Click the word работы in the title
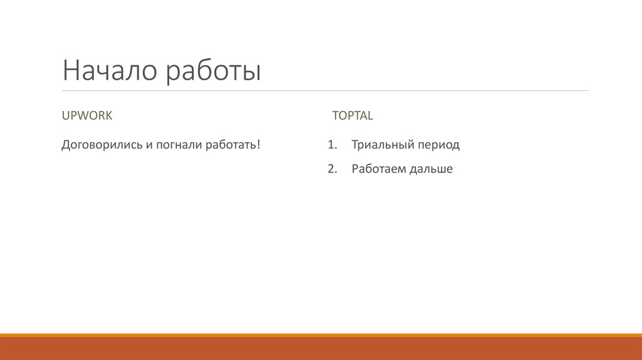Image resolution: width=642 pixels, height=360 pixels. coord(214,72)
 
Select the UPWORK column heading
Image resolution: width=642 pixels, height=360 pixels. coord(87,115)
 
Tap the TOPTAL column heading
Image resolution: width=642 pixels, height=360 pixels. coord(352,115)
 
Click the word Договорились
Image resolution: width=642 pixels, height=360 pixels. coord(98,146)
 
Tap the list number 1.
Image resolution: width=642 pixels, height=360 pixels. coord(332,145)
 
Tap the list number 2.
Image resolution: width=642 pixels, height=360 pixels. coord(332,169)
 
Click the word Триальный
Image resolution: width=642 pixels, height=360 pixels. coord(379,145)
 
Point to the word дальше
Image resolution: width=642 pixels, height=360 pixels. coord(431,169)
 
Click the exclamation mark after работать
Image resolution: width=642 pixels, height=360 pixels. coord(258,145)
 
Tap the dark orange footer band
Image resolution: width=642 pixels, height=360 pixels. coord(321,349)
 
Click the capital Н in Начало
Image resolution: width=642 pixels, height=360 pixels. coord(70,71)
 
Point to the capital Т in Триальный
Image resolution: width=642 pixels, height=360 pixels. coord(355,145)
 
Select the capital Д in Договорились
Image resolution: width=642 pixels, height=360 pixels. coord(66,146)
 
